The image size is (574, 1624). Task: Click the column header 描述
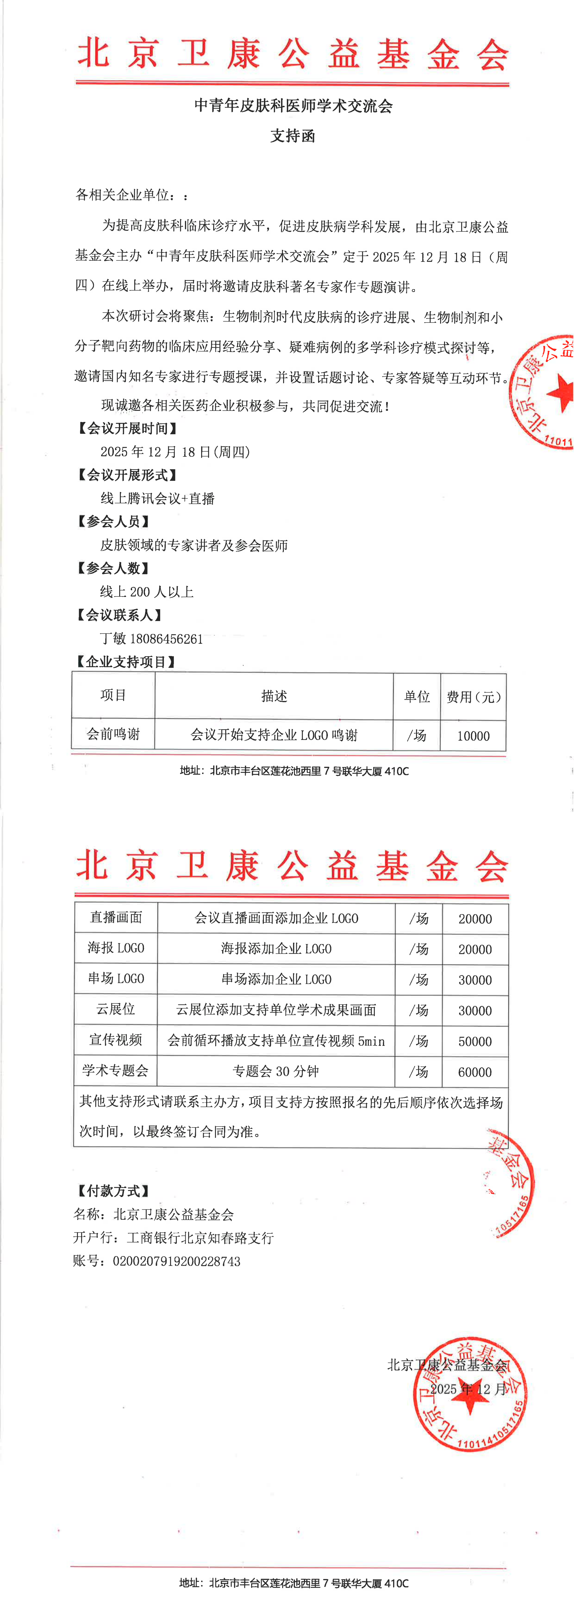274,696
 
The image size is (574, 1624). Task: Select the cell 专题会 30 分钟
276,1071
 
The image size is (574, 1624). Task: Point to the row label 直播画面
116,917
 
